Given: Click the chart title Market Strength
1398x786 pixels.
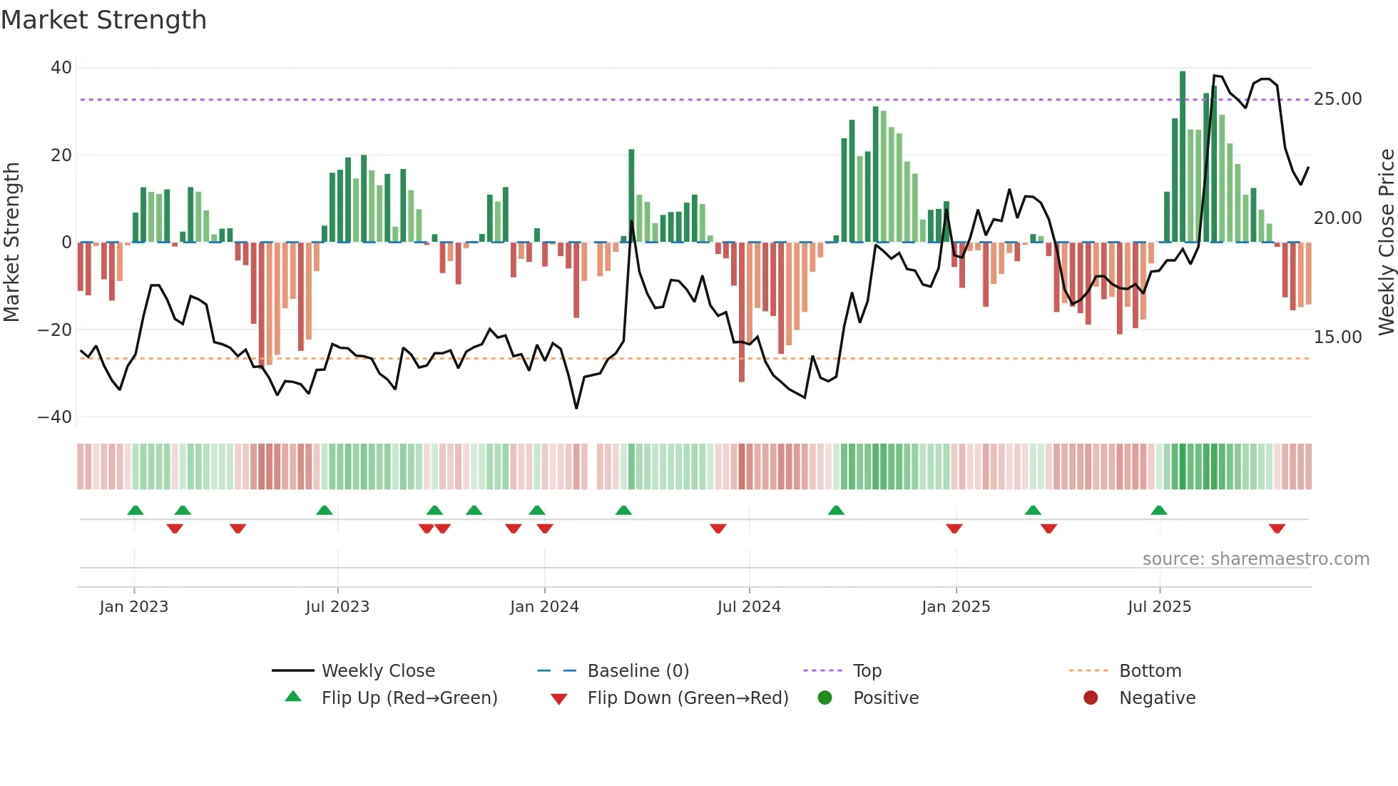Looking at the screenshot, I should (x=103, y=20).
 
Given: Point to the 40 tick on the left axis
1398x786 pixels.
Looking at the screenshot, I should (x=61, y=68).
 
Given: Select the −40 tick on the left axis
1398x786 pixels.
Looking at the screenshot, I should (x=55, y=417).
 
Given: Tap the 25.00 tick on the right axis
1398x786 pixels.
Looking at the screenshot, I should (x=1337, y=99).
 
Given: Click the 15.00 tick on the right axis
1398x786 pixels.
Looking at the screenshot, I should (x=1337, y=337).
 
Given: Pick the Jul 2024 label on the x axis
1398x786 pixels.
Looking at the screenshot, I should (x=749, y=607).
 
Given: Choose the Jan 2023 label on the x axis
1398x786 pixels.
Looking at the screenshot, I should (x=134, y=607).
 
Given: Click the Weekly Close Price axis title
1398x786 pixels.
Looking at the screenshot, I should (x=1386, y=243).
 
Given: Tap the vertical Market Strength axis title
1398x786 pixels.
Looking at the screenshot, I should (x=12, y=243).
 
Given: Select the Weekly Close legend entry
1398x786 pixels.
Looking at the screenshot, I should (x=378, y=671).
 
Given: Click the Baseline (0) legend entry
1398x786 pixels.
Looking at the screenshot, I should (x=638, y=671).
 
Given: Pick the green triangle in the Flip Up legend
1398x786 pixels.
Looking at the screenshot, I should (x=293, y=697).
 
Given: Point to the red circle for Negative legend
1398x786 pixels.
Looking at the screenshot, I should (x=1090, y=698).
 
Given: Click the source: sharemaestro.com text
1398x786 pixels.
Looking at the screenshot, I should (x=1255, y=559).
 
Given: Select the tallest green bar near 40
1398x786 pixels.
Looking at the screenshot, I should (x=1183, y=157).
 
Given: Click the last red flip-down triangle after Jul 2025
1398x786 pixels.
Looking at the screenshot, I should (x=1277, y=529).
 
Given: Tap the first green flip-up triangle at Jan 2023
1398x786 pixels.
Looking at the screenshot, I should (x=136, y=510).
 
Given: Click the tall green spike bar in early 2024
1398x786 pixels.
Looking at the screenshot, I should (x=631, y=195).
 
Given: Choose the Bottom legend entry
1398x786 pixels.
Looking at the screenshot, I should (x=1150, y=671).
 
